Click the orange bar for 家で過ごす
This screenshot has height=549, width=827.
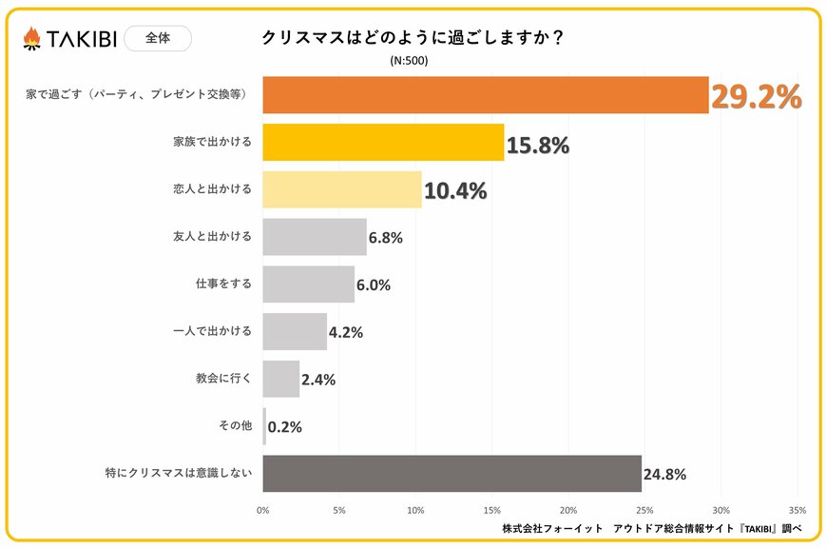click(485, 95)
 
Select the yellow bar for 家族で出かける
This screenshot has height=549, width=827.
click(383, 142)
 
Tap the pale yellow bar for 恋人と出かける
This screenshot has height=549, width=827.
click(341, 189)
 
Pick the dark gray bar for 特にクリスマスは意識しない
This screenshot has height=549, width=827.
click(452, 473)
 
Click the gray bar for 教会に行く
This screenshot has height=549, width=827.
click(280, 379)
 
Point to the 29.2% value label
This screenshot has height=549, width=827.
click(757, 97)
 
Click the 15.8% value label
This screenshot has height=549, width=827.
click(538, 145)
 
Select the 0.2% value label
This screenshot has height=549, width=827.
click(285, 427)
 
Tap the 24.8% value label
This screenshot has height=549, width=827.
click(664, 474)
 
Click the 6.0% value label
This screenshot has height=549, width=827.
click(373, 284)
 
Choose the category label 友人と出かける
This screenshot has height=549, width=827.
click(218, 236)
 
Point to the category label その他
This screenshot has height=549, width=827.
click(236, 426)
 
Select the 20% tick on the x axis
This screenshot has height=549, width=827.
click(568, 509)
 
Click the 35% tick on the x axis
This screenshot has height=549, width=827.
click(797, 509)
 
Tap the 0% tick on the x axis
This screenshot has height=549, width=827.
click(263, 509)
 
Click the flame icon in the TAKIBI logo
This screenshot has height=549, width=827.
click(31, 38)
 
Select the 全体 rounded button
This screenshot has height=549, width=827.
click(158, 38)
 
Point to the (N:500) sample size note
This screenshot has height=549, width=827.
click(409, 61)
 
